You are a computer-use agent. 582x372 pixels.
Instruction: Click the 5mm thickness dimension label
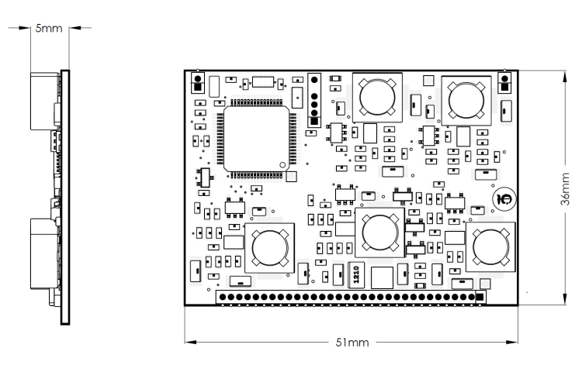tap(49, 29)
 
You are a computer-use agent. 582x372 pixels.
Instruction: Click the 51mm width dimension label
tap(352, 343)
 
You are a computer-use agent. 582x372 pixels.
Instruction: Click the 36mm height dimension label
tap(565, 189)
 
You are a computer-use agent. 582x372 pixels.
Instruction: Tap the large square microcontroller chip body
tap(257, 139)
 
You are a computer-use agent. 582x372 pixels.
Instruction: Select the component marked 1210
tap(356, 275)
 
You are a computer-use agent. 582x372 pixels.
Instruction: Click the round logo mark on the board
tap(504, 199)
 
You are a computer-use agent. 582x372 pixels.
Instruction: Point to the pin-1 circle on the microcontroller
tap(282, 165)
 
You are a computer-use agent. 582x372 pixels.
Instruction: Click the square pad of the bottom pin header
tap(480, 297)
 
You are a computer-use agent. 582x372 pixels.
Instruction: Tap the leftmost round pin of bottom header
tap(223, 297)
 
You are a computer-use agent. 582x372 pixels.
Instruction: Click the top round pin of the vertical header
tap(314, 80)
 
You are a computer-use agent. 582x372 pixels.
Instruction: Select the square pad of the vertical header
tap(314, 121)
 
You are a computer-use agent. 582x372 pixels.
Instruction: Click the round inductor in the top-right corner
tap(466, 101)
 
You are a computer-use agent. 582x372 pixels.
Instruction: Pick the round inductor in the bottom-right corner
tap(490, 247)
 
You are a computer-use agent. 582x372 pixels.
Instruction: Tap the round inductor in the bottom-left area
tap(270, 248)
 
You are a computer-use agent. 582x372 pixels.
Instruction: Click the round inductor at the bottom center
tap(380, 232)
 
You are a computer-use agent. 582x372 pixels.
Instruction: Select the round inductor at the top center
tap(377, 97)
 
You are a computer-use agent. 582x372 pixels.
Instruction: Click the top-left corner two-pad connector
tap(198, 83)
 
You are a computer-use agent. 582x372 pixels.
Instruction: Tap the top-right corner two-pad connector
tap(505, 83)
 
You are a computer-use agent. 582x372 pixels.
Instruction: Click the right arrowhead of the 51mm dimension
tap(512, 342)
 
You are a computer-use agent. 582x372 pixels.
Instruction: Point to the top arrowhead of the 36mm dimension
tap(565, 77)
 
